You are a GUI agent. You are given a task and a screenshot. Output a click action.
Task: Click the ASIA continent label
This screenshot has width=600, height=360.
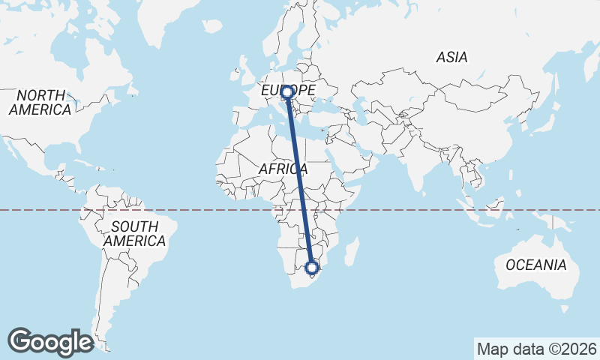coord(451,57)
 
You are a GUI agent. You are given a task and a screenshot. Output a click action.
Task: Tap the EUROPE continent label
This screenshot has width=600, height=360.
coord(288,91)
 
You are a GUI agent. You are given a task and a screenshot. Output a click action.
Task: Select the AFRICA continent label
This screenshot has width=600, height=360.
coord(283,169)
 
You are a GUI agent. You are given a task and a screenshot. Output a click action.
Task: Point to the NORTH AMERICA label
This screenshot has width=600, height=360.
coord(40,102)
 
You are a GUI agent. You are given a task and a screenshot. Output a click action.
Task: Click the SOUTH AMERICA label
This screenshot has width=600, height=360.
coord(134,233)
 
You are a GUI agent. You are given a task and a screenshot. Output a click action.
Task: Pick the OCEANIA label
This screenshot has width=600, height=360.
coord(535,265)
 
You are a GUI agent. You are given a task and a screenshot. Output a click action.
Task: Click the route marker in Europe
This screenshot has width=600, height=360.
coord(286,92)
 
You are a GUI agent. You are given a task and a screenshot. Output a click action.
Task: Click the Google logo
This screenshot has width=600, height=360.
coord(50,341)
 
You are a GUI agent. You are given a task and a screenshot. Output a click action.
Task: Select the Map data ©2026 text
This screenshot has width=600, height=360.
coord(536,349)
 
